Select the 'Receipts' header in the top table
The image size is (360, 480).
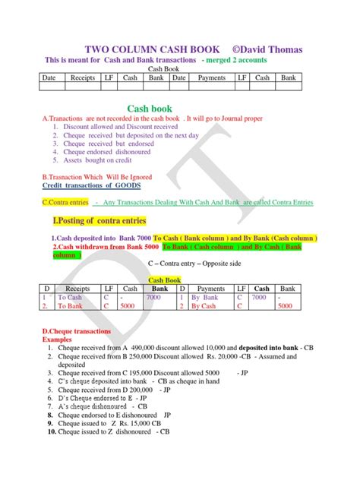click(82, 77)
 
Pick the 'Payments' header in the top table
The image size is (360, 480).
click(211, 77)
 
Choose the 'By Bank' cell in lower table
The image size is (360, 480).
click(205, 298)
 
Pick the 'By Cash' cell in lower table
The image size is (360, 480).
click(204, 307)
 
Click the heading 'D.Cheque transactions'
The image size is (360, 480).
click(77, 332)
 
